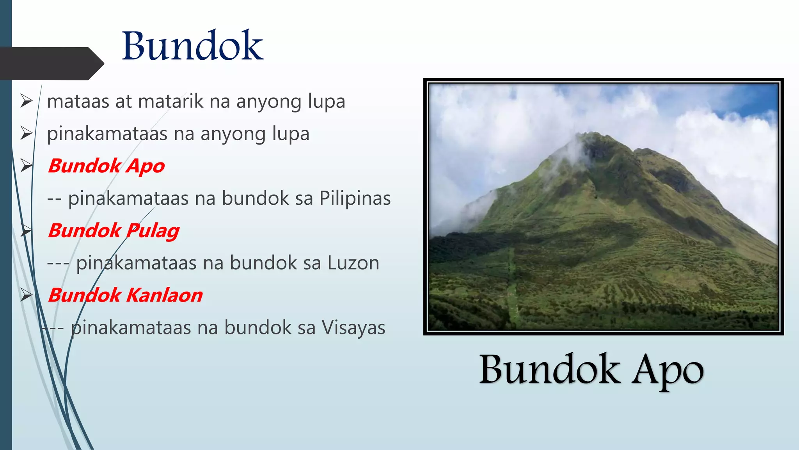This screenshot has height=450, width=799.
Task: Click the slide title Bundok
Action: (192, 46)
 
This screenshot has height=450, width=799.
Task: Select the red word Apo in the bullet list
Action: (146, 166)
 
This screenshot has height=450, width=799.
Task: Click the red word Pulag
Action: (153, 231)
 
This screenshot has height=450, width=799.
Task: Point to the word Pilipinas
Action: (355, 198)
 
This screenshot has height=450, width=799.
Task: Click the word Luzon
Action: (353, 263)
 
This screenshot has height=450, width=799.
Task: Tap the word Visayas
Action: (353, 328)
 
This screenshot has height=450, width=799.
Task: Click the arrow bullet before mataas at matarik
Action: (27, 101)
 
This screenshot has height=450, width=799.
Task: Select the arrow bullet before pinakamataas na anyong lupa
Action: (27, 134)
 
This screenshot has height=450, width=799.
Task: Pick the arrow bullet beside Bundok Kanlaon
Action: (27, 295)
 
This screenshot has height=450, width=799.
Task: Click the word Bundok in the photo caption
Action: (549, 369)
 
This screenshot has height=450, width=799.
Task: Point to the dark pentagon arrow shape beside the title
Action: (51, 63)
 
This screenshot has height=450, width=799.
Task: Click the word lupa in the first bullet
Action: (327, 102)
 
